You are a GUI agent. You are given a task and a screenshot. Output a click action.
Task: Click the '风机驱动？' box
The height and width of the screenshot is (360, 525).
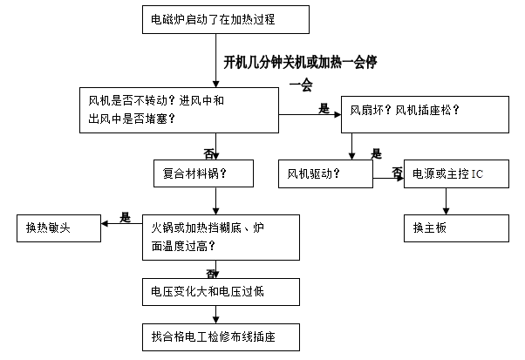click(x=325, y=173)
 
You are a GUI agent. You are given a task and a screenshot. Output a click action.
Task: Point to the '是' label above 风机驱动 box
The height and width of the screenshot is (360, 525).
click(x=377, y=154)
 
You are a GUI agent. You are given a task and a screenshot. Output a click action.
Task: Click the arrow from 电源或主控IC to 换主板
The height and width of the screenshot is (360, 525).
click(x=447, y=202)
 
